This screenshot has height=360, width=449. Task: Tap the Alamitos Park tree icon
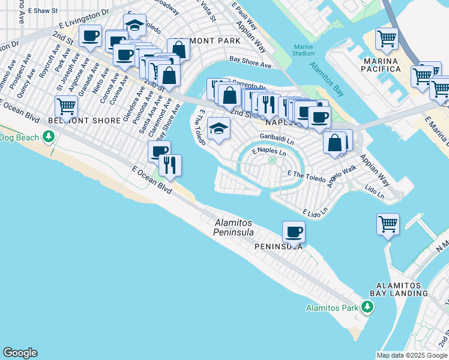coord(367,308)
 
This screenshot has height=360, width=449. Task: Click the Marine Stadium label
coord(304,50)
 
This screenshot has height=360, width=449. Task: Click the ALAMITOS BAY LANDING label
coord(401,289)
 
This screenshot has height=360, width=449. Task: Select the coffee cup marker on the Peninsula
coord(294,231)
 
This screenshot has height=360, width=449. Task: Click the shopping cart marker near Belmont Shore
coord(65,107)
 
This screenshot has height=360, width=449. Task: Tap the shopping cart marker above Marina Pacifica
coord(387,39)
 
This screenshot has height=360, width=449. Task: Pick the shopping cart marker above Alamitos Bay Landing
coord(388,224)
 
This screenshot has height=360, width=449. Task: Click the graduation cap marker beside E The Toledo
coord(218,128)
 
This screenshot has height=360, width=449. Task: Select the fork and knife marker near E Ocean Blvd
coord(170,165)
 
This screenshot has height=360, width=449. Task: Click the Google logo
coord(20,353)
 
